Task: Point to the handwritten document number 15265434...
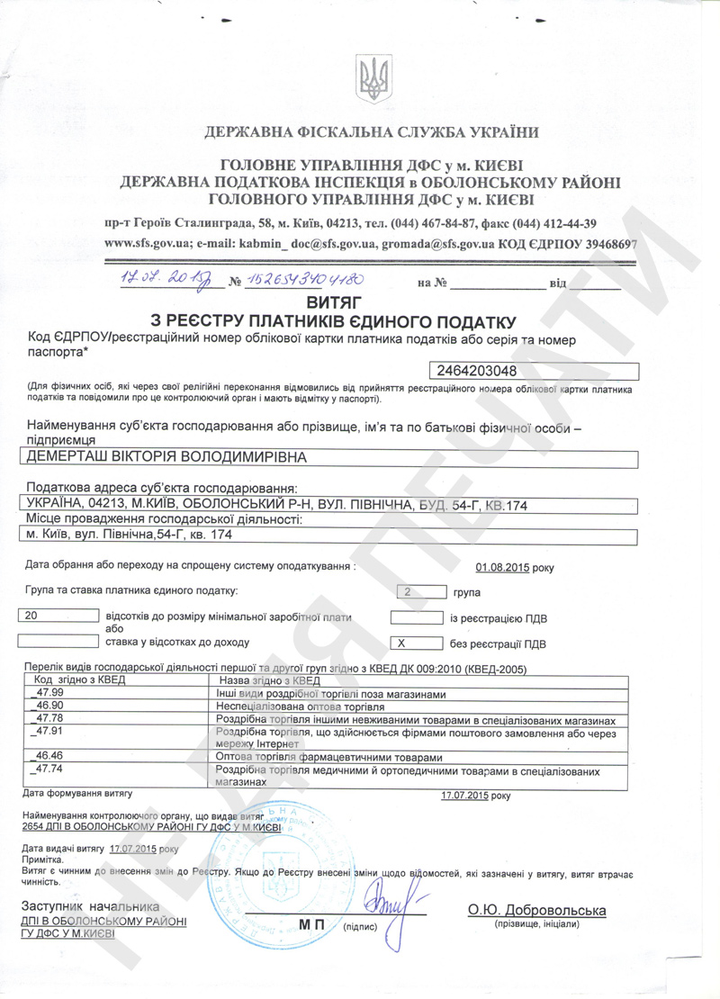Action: pyautogui.click(x=301, y=280)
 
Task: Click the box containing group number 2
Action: pyautogui.click(x=419, y=592)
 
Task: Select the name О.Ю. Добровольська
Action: pyautogui.click(x=536, y=911)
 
